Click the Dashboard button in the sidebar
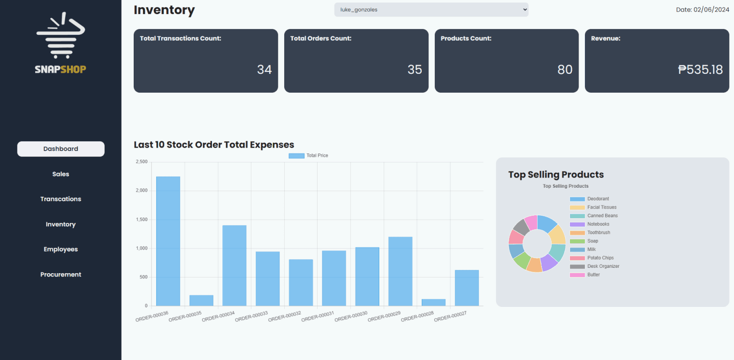61,149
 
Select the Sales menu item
61,174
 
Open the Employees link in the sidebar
61,249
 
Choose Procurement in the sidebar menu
61,275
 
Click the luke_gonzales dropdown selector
431,10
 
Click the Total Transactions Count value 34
264,70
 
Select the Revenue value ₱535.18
700,70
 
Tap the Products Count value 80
565,70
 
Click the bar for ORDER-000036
168,241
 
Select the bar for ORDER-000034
235,265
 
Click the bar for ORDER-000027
467,288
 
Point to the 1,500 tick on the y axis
141,220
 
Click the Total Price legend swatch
296,156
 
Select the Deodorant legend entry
597,199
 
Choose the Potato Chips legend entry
600,258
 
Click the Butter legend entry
593,275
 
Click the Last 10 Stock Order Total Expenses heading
214,145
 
